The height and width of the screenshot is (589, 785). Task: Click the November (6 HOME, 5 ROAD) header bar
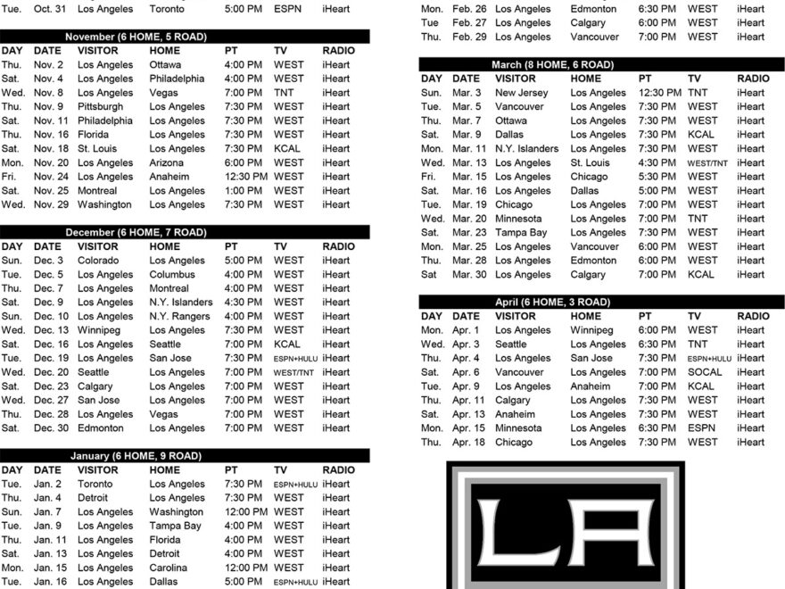(185, 37)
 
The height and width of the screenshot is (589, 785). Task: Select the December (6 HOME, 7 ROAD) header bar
(185, 232)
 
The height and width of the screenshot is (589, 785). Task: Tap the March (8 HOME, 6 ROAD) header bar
(601, 65)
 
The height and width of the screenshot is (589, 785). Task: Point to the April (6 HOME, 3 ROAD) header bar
(601, 303)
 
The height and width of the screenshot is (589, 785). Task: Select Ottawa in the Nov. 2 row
(165, 65)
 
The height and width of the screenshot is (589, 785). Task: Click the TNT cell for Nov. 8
(285, 93)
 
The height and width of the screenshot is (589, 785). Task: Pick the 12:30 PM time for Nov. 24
(246, 177)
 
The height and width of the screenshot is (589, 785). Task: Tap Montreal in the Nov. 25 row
(97, 190)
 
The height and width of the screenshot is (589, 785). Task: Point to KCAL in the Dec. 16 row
(287, 344)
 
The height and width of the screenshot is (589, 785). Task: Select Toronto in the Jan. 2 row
(95, 484)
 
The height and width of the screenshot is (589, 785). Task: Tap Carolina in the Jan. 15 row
(169, 568)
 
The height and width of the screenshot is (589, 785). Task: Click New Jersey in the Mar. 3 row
(520, 93)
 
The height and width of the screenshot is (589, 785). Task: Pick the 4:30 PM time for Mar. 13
(657, 163)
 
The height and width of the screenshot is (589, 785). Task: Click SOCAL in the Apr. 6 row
(705, 372)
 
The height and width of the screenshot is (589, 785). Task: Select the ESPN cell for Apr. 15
(701, 428)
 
